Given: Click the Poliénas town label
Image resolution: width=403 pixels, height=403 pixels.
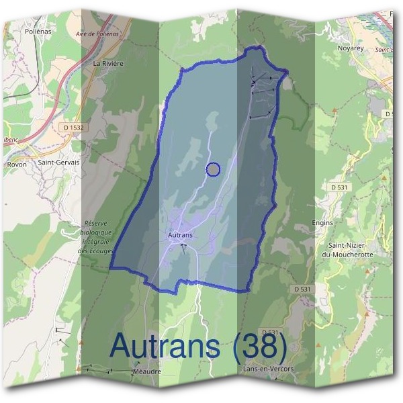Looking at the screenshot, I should tap(38, 31).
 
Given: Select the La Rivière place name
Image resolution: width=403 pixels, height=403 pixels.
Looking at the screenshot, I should tap(108, 64).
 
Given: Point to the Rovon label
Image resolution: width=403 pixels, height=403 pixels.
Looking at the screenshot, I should tap(15, 163).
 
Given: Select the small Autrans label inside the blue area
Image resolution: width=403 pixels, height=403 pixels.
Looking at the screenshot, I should tap(180, 235).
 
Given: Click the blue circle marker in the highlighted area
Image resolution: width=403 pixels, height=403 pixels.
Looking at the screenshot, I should tap(213, 170).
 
